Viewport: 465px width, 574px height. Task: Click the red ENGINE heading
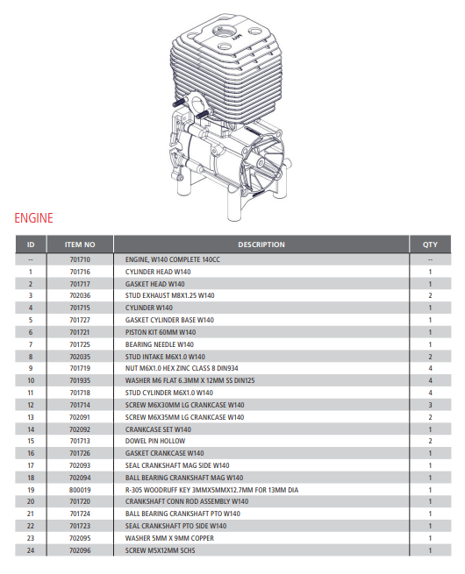33,217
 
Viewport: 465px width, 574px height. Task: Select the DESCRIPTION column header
261,244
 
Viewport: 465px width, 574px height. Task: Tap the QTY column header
430,244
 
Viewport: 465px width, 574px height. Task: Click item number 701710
80,260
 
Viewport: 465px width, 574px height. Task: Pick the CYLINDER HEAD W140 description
155,273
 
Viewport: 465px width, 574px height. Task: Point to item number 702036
80,296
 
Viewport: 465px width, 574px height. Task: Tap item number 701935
80,381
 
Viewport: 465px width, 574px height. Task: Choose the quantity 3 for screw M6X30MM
430,406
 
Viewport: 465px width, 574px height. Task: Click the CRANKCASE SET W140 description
158,429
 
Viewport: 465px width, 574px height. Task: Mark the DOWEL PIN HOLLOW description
154,442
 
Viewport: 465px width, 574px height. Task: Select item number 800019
80,490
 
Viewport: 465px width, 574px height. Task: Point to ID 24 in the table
31,550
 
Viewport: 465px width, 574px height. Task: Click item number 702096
80,550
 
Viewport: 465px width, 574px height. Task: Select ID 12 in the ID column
31,406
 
